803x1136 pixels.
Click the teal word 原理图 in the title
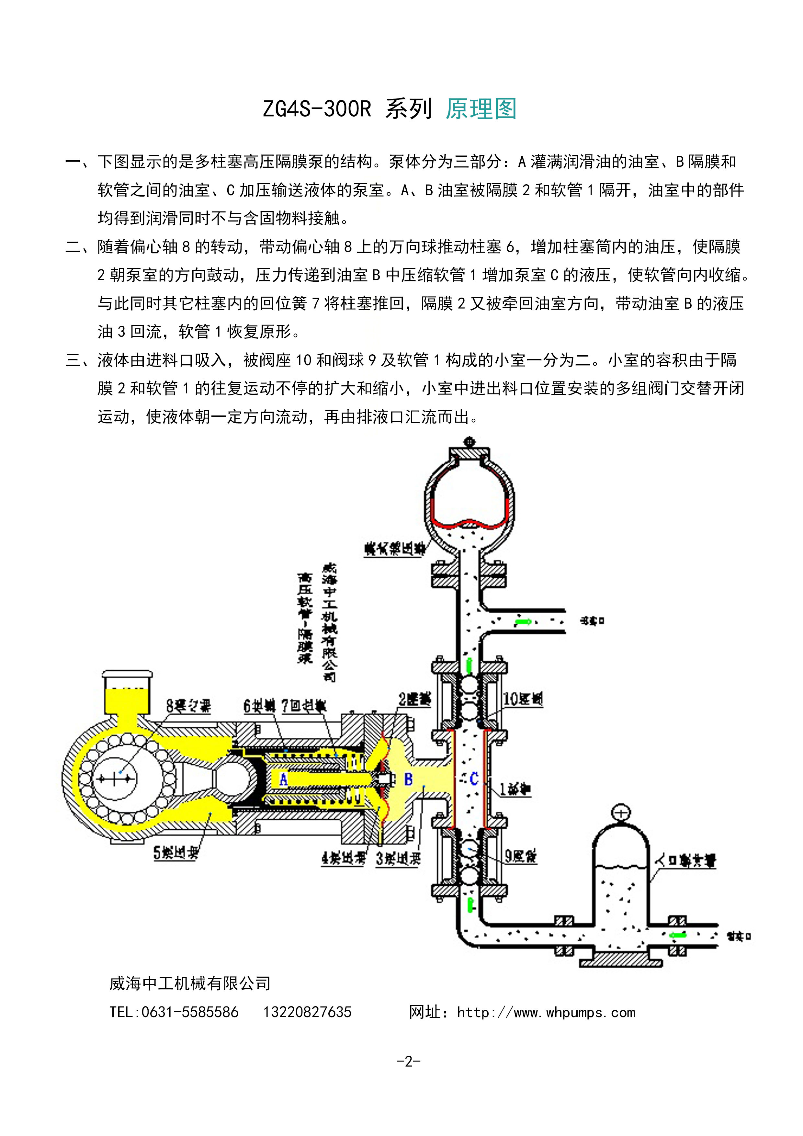[481, 109]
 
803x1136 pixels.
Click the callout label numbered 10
[523, 699]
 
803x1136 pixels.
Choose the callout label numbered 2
[414, 699]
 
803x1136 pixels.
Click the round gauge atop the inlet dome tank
[621, 813]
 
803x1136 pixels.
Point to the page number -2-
[409, 1061]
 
